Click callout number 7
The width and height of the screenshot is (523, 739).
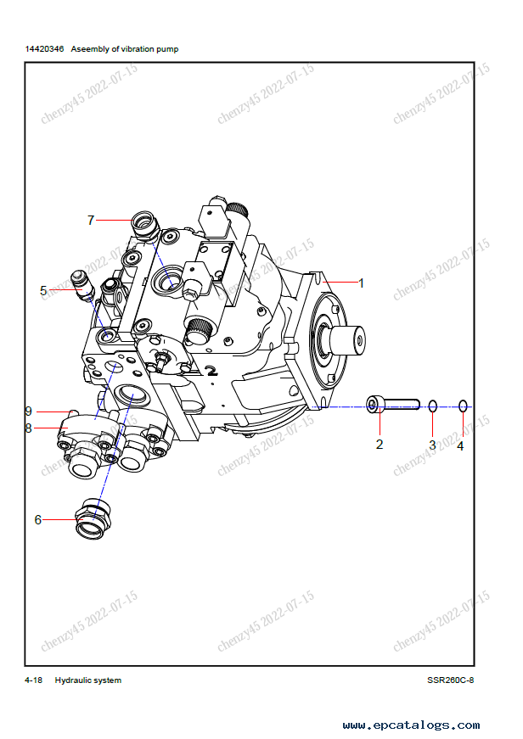91,220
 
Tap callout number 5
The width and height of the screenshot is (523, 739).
43,291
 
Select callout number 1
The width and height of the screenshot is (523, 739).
361,283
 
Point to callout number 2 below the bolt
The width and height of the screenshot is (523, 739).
380,445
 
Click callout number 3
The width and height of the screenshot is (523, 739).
432,445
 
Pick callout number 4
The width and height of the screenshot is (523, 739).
461,445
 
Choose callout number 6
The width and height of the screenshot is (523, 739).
38,520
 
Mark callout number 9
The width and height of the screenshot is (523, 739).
29,411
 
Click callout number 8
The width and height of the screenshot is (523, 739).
29,428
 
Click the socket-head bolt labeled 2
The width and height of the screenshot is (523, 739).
393,405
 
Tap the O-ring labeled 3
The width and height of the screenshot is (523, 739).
433,406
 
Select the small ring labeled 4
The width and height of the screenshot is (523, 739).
463,406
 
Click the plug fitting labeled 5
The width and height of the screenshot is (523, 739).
82,285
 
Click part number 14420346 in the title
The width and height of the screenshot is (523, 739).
44,49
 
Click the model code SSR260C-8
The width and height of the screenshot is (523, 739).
450,680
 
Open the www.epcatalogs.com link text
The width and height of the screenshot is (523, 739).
411,725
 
